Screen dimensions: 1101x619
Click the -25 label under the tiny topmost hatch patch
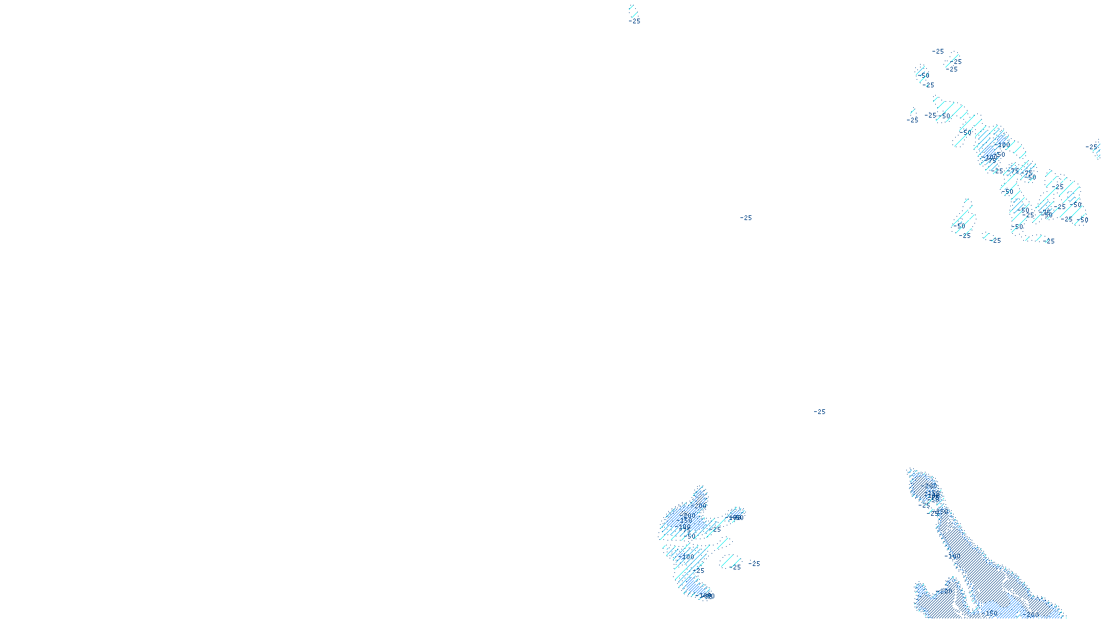tap(634, 21)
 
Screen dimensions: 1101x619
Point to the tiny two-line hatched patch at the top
tap(632, 11)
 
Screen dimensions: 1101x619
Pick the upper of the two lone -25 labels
tap(746, 218)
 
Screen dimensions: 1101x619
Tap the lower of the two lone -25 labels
tap(820, 412)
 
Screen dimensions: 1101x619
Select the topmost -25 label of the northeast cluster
tap(938, 52)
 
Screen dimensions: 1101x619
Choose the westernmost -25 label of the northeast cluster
tap(912, 120)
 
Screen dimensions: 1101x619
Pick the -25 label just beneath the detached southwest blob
tap(965, 236)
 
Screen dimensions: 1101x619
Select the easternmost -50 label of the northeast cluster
tap(1083, 221)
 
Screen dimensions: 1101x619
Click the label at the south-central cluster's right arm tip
tap(736, 518)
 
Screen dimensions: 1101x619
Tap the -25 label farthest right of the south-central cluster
tap(754, 564)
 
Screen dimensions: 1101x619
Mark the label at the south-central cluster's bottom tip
tap(707, 596)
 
